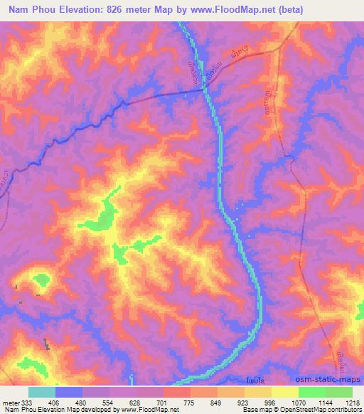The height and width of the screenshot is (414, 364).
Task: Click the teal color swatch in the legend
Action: click(41, 392)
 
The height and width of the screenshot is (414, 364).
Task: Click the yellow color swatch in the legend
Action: click(284, 392)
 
